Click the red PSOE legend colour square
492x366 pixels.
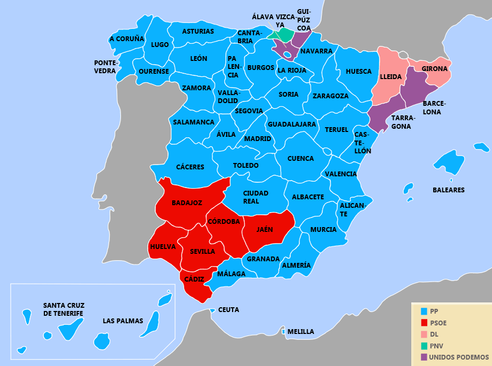click(424, 323)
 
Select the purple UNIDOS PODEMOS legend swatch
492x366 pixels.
click(424, 357)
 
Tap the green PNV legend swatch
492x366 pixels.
click(424, 346)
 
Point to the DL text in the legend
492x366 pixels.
click(434, 334)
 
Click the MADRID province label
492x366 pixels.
click(258, 139)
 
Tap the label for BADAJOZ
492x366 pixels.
click(187, 203)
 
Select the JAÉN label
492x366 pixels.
click(264, 230)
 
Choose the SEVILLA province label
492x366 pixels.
click(202, 251)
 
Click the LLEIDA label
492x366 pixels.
click(390, 77)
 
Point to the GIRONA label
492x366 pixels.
click(434, 69)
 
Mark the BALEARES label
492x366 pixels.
click(448, 190)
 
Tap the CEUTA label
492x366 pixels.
click(229, 310)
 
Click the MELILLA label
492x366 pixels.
click(301, 332)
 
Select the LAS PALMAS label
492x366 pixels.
click(123, 321)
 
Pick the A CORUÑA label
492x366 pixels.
click(127, 39)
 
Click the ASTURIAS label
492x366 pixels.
click(198, 32)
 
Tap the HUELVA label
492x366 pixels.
click(163, 247)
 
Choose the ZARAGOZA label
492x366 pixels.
click(330, 96)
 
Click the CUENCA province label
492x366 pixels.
click(301, 159)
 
